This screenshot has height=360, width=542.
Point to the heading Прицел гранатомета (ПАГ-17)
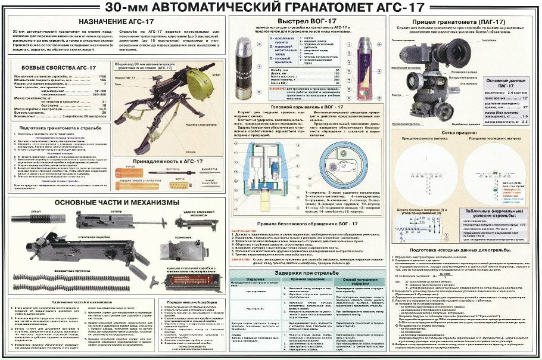(463, 21)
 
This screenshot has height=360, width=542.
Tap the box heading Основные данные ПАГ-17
(505, 83)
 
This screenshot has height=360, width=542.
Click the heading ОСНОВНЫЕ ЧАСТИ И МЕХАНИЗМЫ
(117, 203)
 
